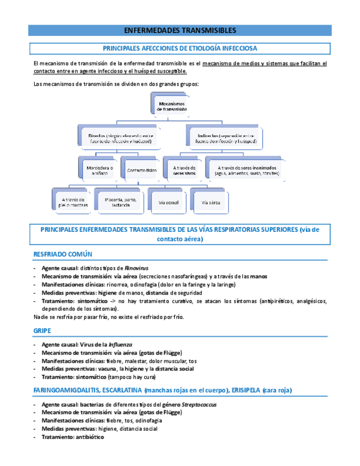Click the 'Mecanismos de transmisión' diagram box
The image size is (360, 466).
click(172, 106)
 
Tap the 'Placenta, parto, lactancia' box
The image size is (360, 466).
click(118, 202)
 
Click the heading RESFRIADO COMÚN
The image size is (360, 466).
click(63, 254)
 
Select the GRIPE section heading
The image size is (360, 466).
click(42, 331)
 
